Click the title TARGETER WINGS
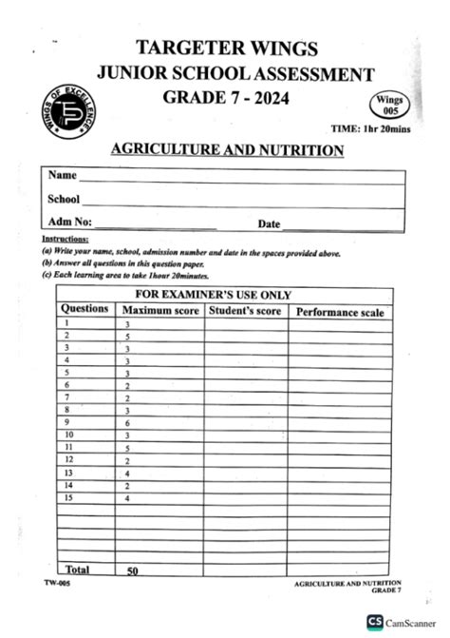click(226, 48)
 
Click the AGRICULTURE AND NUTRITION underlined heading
click(227, 150)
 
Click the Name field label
click(62, 176)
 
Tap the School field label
click(64, 200)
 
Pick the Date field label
click(270, 224)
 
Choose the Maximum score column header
click(159, 311)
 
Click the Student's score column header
click(246, 311)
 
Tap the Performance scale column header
click(340, 312)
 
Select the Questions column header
click(84, 309)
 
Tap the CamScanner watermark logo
click(403, 622)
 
